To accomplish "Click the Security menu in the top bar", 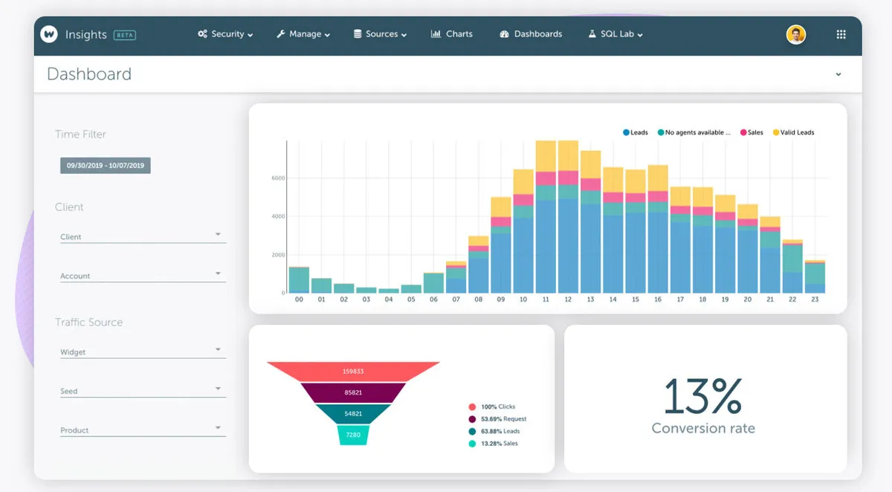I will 225,34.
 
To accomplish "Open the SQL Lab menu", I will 615,34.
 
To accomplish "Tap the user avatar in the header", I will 796,34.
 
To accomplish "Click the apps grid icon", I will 841,34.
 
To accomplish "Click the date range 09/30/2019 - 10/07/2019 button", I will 106,166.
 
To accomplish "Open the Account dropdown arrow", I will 218,273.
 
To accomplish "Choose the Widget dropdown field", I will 141,352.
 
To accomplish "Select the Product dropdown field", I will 141,430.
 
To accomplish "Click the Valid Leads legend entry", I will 794,132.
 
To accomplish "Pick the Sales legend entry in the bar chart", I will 752,132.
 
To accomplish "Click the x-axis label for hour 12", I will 568,300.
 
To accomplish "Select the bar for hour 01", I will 322,285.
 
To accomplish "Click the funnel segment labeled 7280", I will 353,435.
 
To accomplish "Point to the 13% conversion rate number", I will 702,396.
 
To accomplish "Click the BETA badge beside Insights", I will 124,35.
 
